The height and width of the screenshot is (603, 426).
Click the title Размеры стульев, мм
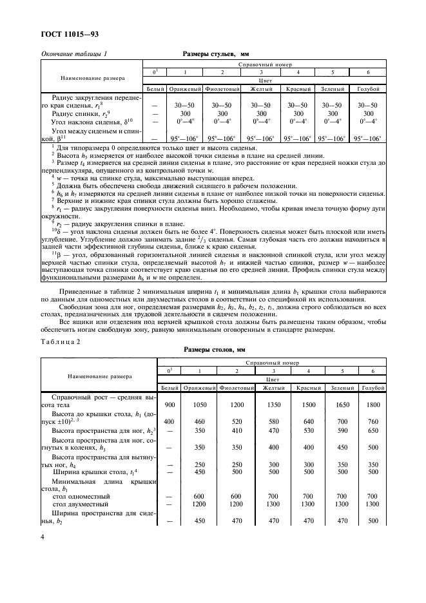pos(220,56)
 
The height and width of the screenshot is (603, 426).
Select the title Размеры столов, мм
pos(220,350)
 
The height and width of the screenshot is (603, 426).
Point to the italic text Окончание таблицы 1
pos(74,56)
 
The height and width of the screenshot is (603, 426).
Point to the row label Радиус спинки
pos(77,113)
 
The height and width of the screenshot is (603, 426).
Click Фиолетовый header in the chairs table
pos(222,88)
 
